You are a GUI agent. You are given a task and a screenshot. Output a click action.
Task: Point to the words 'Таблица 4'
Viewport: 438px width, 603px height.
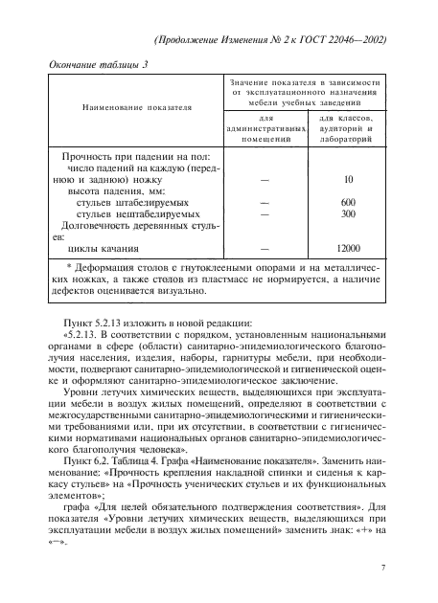point(142,459)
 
